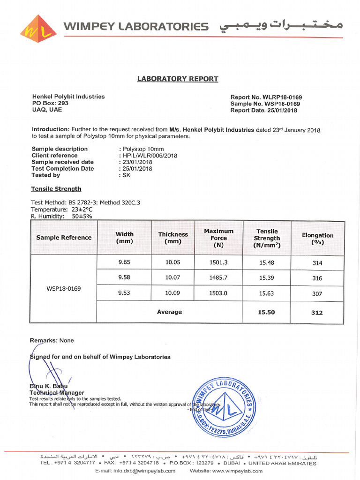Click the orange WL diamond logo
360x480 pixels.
pos(38,29)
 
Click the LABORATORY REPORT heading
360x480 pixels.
pos(177,79)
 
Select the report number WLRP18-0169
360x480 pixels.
pos(279,97)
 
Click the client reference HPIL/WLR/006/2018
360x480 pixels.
pos(150,156)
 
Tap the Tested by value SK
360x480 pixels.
pos(126,175)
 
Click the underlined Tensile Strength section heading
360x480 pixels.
pos(56,189)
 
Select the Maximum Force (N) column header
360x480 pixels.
pos(218,238)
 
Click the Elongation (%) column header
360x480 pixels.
pos(317,239)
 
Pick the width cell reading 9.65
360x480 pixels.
pos(124,262)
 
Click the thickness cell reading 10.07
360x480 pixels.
pos(172,277)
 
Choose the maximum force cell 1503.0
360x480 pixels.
pos(218,292)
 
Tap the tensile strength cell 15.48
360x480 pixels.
pos(267,263)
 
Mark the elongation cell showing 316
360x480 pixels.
pos(317,278)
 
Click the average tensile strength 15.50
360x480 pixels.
pos(267,312)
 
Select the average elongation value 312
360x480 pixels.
pos(317,313)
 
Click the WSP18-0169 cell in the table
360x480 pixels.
pos(63,288)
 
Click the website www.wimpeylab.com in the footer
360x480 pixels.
pos(240,471)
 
